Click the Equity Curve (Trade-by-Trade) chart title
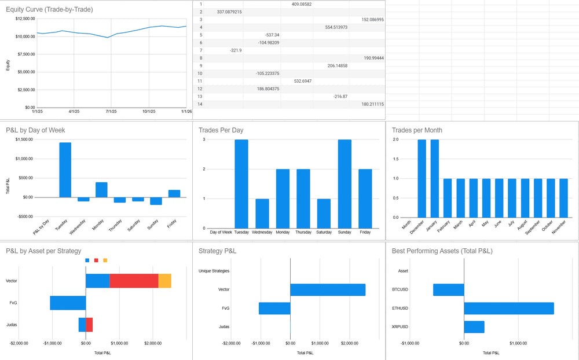click(49, 9)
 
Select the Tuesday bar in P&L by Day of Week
click(65, 170)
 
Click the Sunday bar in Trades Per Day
click(345, 183)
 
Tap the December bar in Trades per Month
click(422, 178)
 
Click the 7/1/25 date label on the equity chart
click(111, 111)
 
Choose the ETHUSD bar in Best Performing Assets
click(508, 308)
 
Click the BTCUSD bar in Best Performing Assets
click(449, 289)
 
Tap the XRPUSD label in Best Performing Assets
click(399, 327)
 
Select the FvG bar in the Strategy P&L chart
click(274, 308)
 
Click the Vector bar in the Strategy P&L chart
click(328, 289)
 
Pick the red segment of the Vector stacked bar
click(134, 281)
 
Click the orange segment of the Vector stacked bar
click(164, 281)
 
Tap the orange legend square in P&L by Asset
click(105, 260)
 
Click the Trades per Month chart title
click(417, 130)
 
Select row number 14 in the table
click(200, 104)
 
